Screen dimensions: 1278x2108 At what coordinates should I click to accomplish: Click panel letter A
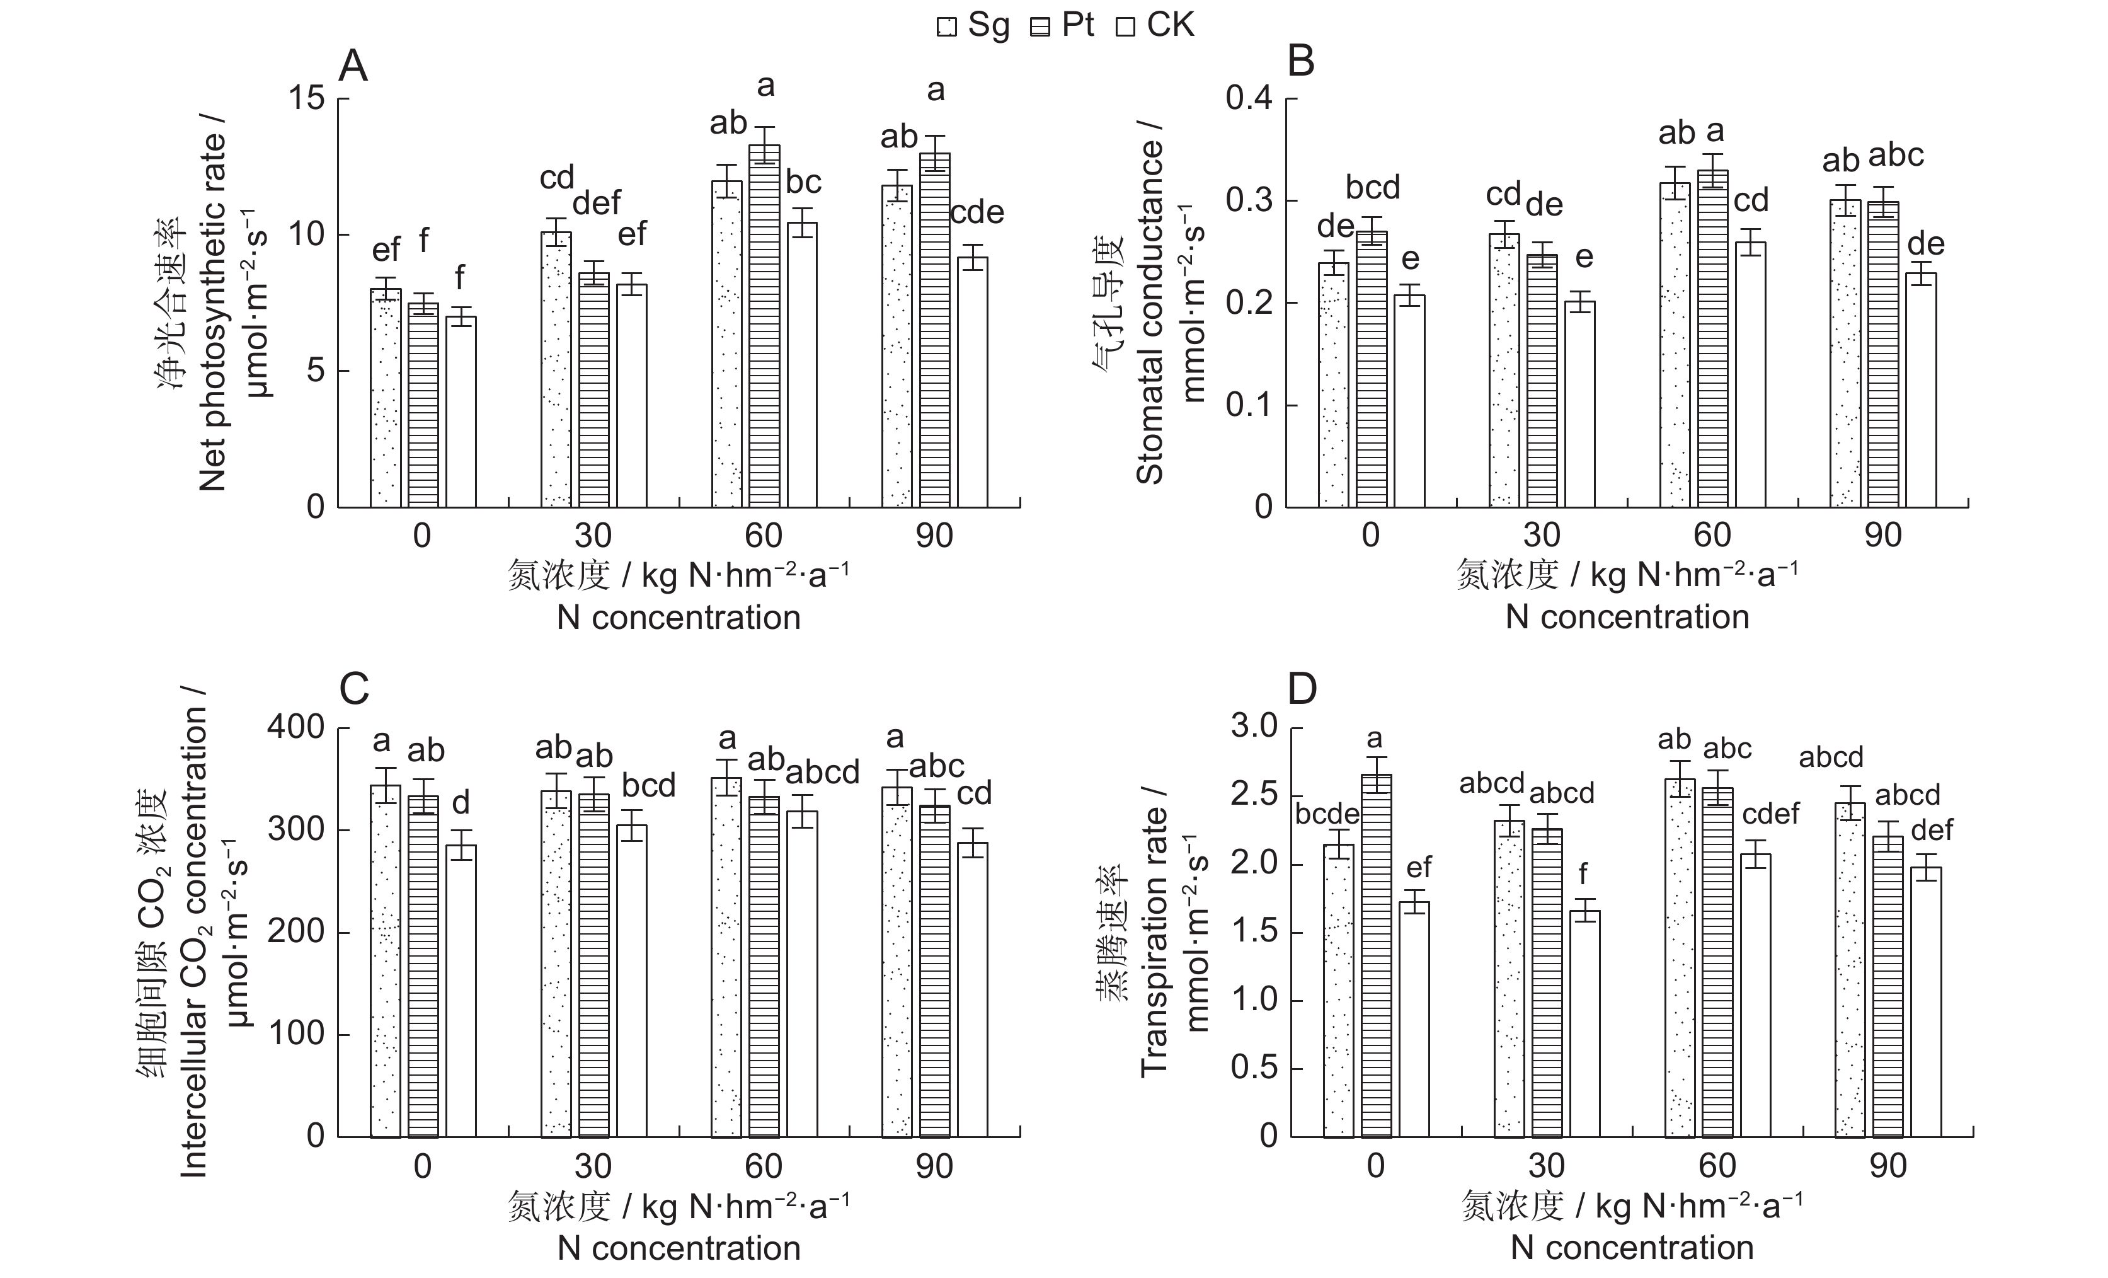tap(353, 66)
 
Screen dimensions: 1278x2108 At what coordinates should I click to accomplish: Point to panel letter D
tap(1302, 689)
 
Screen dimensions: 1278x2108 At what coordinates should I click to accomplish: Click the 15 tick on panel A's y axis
tap(306, 98)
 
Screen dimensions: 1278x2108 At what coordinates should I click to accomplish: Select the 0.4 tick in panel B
tap(1249, 98)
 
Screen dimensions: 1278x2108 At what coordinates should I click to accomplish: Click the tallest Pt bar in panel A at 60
tap(765, 325)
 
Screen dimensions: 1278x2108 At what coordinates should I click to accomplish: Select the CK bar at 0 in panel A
tap(461, 411)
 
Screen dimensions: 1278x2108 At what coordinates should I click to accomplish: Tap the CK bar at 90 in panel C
tap(973, 989)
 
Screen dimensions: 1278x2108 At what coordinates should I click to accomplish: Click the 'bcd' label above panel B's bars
tap(1372, 187)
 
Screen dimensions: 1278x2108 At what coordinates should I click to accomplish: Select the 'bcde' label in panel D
tap(1327, 814)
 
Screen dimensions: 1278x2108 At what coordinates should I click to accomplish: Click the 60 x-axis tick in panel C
tap(763, 1166)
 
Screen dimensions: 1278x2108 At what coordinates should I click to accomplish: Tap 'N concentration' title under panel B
tap(1627, 617)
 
